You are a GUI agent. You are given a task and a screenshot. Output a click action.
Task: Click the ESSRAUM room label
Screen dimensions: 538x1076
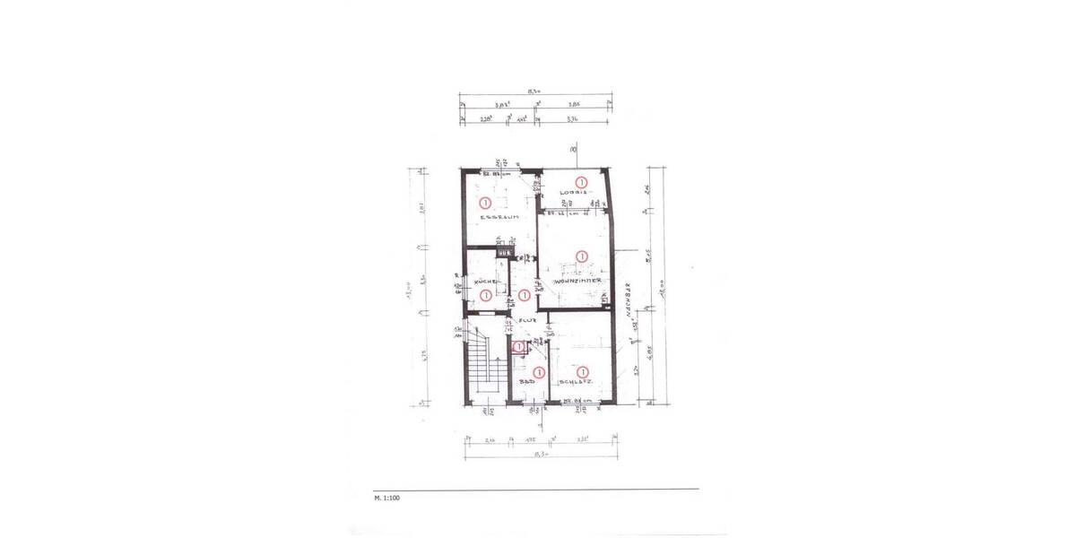pyautogui.click(x=496, y=217)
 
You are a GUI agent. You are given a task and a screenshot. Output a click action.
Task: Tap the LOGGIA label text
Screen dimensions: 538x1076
pyautogui.click(x=573, y=193)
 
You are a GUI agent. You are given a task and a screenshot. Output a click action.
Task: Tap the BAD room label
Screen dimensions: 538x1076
pyautogui.click(x=528, y=382)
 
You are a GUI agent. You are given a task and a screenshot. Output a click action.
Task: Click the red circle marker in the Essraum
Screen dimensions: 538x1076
pyautogui.click(x=485, y=203)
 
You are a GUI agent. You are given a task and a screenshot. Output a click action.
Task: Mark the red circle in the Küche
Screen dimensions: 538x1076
pyautogui.click(x=485, y=294)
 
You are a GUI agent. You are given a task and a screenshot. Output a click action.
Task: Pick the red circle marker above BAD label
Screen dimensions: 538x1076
pyautogui.click(x=539, y=371)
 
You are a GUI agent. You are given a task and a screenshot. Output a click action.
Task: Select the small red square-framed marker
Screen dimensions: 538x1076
pyautogui.click(x=518, y=346)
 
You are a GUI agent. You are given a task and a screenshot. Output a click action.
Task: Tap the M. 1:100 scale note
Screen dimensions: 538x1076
pyautogui.click(x=387, y=495)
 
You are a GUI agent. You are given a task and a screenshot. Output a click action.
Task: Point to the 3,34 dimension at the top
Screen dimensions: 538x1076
pyautogui.click(x=570, y=117)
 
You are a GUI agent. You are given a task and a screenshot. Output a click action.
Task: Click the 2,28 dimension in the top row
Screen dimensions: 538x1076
pyautogui.click(x=486, y=117)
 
